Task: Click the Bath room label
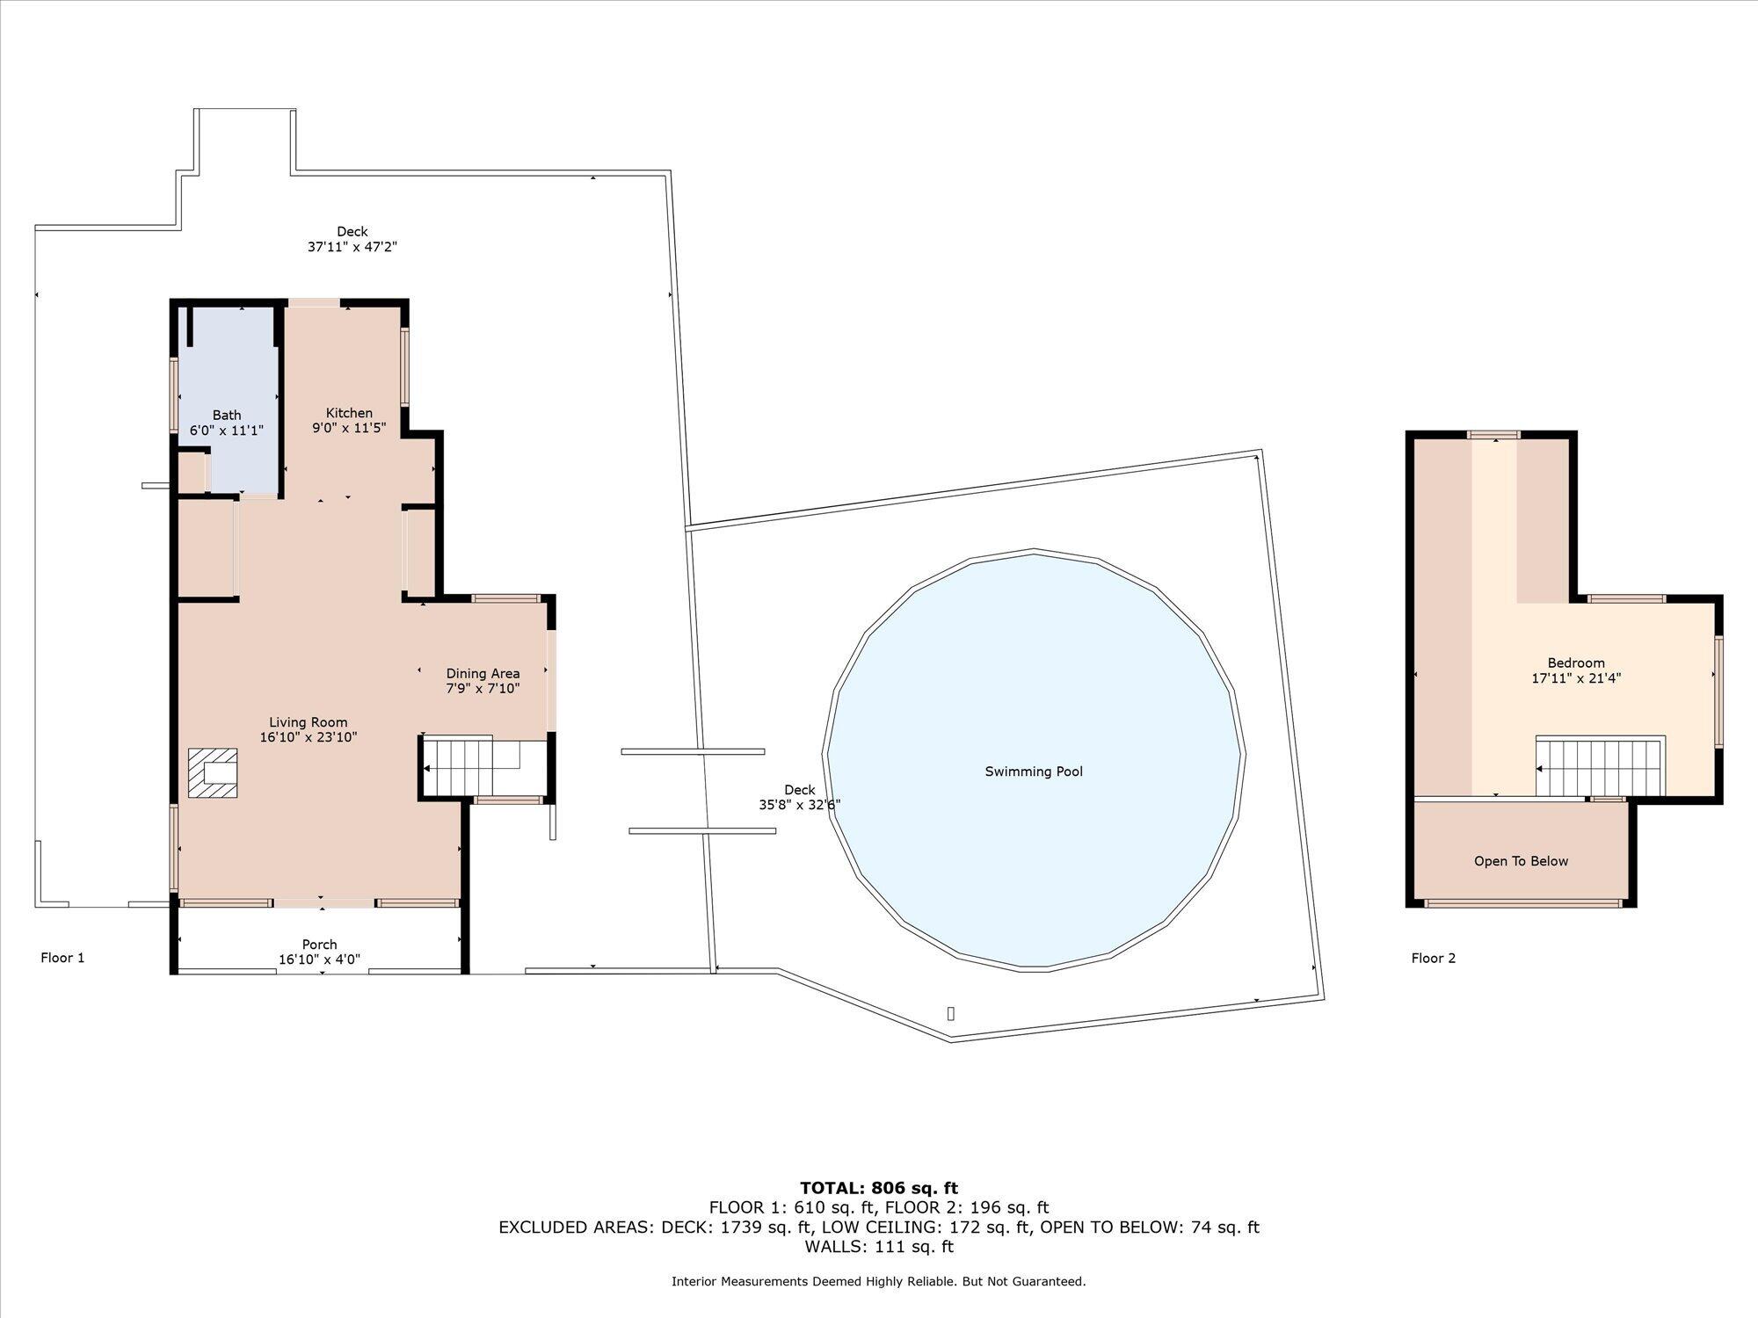(227, 415)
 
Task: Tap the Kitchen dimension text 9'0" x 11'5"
(349, 428)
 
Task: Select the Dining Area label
(483, 674)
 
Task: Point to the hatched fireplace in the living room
(213, 773)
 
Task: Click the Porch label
(319, 945)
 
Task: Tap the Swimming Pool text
(1034, 771)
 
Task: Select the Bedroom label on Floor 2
(1576, 663)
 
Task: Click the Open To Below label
(1521, 861)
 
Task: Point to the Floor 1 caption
(62, 958)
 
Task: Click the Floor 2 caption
(1434, 958)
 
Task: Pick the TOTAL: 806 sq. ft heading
(879, 1189)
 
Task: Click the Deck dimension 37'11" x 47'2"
(352, 247)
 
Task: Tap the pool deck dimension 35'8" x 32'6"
(799, 804)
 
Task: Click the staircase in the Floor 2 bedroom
(1600, 767)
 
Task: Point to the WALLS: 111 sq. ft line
(879, 1246)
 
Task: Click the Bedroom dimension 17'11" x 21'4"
(1576, 678)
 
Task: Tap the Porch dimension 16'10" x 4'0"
(319, 960)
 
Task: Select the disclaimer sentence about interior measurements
(879, 1282)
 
